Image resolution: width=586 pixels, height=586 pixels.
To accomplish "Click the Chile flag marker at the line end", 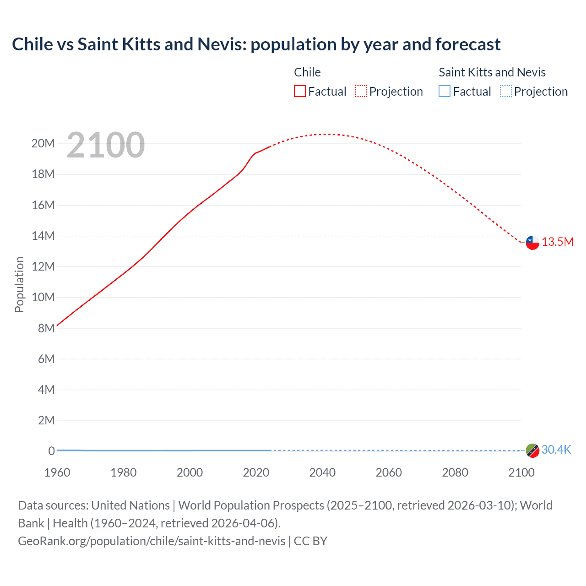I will (x=532, y=243).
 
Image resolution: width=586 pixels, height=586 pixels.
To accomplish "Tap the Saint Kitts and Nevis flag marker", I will (x=532, y=450).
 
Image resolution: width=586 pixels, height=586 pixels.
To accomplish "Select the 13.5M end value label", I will (x=558, y=242).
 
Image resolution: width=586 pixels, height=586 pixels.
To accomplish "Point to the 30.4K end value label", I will (x=556, y=450).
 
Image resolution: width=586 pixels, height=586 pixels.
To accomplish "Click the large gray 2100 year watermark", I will (x=106, y=145).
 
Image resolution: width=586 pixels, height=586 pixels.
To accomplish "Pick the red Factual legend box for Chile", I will (x=299, y=91).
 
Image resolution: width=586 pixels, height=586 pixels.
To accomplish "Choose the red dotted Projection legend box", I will (x=361, y=91).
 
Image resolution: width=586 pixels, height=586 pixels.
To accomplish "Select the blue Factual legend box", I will (x=445, y=91).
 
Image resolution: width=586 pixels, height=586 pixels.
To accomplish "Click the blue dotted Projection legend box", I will (x=506, y=91).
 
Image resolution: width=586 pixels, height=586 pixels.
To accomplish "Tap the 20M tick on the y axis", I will (x=43, y=143).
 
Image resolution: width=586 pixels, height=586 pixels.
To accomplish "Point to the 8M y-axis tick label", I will (x=46, y=328).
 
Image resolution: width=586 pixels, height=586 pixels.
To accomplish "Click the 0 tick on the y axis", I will (x=52, y=451).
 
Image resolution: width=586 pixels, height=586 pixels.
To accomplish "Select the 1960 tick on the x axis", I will (x=57, y=472).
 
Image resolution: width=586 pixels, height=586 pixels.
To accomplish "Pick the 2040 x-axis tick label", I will (x=322, y=472).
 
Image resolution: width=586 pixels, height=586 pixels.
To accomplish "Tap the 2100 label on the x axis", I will (x=521, y=472).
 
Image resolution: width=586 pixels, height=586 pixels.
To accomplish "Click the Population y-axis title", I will (x=19, y=284).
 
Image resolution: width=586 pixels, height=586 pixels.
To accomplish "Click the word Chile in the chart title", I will (x=33, y=44).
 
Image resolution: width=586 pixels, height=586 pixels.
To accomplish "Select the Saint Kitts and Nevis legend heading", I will (x=492, y=72).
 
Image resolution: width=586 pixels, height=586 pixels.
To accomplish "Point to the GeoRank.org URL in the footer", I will (x=152, y=541).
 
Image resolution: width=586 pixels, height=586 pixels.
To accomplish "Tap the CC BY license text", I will (x=310, y=541).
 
